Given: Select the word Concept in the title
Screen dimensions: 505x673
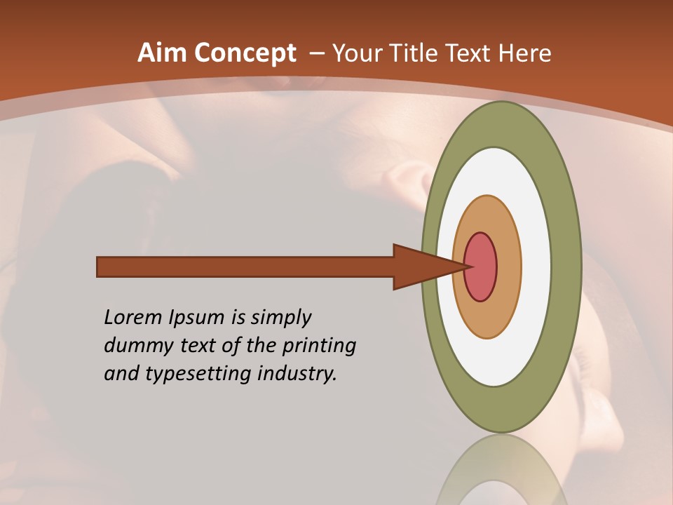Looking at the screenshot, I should (x=245, y=53).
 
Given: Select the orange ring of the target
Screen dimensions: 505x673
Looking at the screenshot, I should (x=508, y=267).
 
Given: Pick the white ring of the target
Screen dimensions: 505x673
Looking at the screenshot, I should (x=536, y=267).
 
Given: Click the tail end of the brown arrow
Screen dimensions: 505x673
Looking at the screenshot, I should (x=102, y=267).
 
